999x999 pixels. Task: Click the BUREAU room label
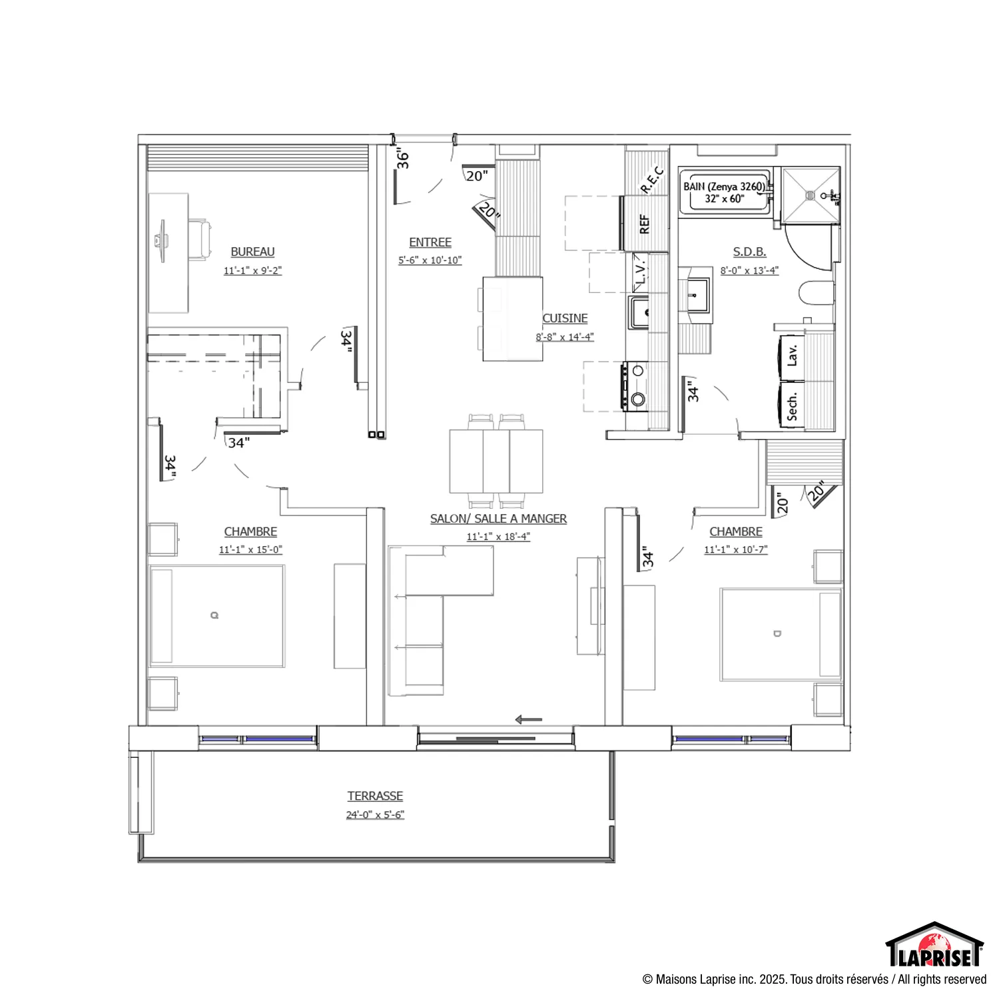252,252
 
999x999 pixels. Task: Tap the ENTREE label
430,242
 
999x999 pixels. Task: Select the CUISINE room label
565,318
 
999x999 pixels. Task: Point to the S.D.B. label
749,252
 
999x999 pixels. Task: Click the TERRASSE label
375,796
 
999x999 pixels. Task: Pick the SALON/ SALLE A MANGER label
498,519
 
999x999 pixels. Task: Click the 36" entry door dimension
402,160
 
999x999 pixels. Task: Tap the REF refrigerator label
644,224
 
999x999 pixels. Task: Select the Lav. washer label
792,356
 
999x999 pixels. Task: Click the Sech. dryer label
792,406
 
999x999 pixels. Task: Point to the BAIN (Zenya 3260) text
725,186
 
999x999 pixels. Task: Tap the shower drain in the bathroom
810,195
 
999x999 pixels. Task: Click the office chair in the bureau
200,239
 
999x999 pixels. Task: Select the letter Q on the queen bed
214,615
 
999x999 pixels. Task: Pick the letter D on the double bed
777,633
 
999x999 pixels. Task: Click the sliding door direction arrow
529,719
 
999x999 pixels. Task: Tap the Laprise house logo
934,944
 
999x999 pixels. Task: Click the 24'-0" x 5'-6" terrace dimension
375,815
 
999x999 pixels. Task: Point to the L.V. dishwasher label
640,272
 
